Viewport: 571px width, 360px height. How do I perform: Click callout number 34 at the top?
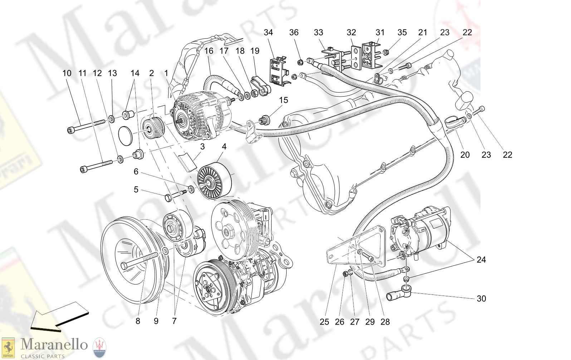(x=268, y=33)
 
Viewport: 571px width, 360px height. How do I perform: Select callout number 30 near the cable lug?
(x=481, y=298)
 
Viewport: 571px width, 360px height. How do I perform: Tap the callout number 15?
(x=283, y=100)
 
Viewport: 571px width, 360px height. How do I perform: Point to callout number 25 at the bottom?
(x=324, y=322)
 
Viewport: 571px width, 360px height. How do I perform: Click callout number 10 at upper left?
(x=67, y=73)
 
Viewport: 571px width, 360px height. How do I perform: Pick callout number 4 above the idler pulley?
(x=224, y=147)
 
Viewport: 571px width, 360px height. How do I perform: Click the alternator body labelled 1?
(x=200, y=115)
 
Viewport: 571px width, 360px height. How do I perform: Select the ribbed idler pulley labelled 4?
(x=215, y=182)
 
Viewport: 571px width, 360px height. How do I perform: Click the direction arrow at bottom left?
(x=59, y=317)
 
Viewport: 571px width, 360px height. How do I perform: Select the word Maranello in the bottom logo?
(x=54, y=345)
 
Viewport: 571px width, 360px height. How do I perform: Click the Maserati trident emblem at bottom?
(x=99, y=347)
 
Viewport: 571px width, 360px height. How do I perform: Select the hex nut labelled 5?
(x=169, y=197)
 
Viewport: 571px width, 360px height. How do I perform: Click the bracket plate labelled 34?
(x=278, y=72)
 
